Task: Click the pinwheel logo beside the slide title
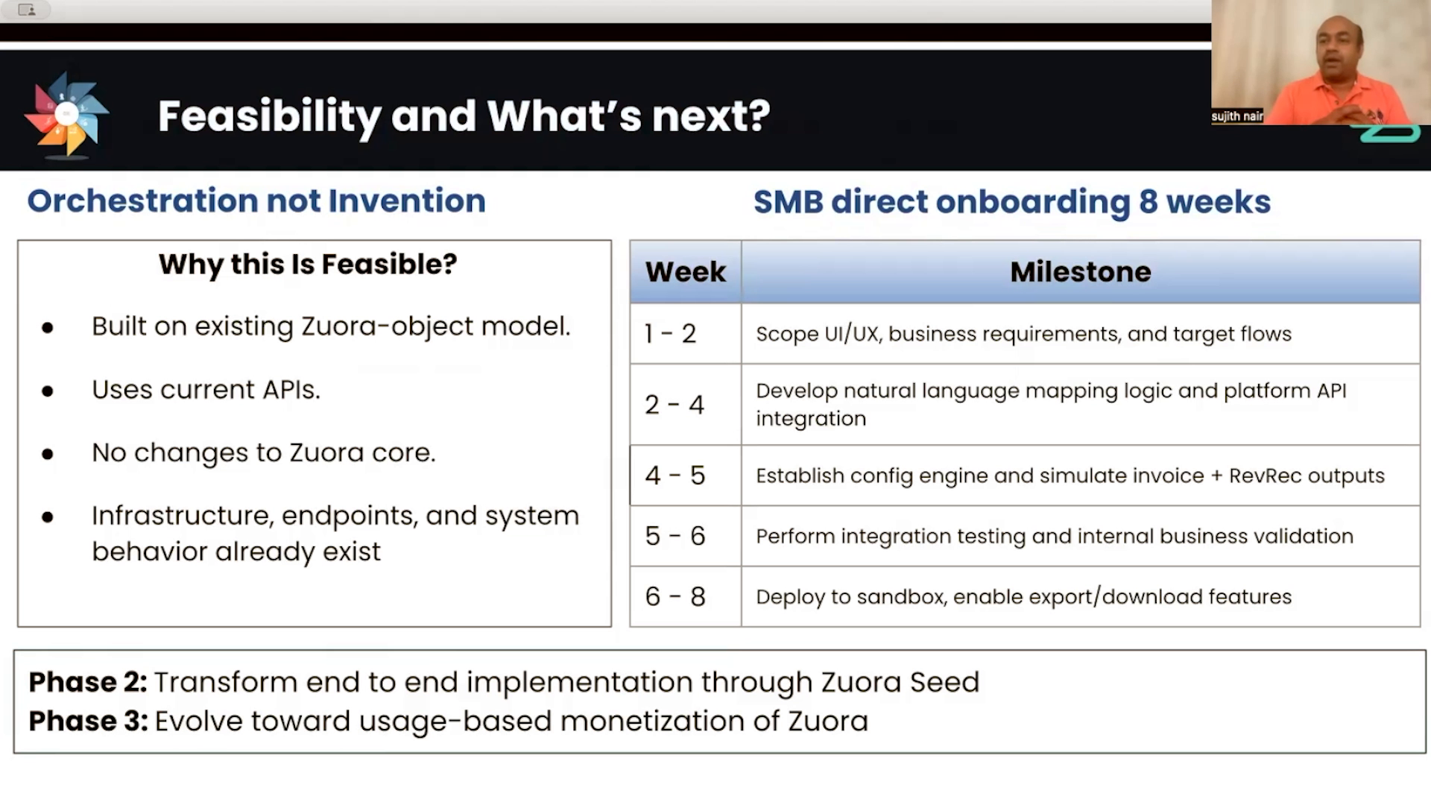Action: point(66,114)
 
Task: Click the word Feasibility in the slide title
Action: point(269,116)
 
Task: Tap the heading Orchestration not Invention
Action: point(256,201)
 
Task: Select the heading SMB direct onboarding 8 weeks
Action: point(1011,202)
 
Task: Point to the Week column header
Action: point(685,272)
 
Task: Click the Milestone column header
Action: point(1080,272)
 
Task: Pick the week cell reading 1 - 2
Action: point(670,333)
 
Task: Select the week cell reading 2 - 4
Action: point(674,405)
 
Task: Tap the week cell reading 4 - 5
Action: point(675,476)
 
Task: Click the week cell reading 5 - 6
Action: point(675,536)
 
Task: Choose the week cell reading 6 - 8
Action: point(675,596)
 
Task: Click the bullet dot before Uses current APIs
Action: point(48,391)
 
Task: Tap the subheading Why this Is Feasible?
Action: point(308,264)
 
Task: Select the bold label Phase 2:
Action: point(88,682)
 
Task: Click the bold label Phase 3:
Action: point(88,721)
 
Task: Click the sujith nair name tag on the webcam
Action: point(1236,116)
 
